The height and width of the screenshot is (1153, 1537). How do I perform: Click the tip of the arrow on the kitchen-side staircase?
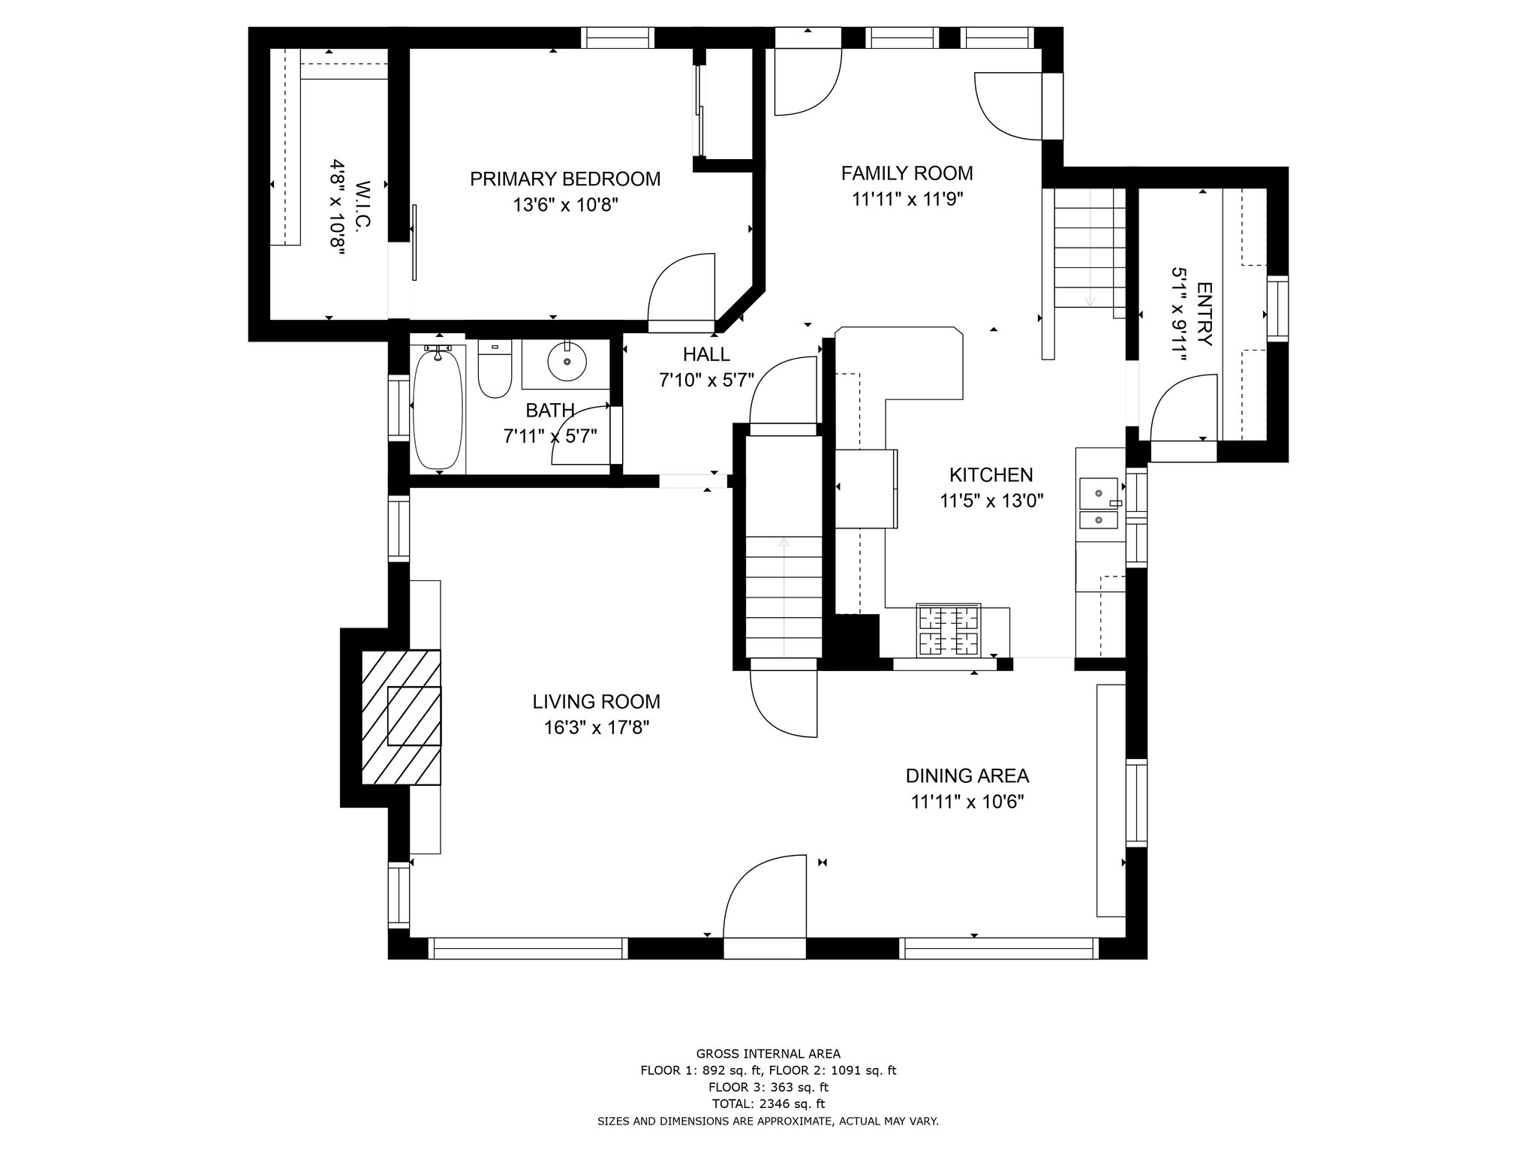pos(784,538)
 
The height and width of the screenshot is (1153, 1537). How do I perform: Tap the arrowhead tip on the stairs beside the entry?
pos(1090,306)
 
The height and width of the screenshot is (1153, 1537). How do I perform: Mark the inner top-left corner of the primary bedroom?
pos(410,49)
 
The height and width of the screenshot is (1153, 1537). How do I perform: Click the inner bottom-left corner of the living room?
pos(410,937)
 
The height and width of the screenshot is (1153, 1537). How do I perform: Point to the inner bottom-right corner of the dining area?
pos(1126,937)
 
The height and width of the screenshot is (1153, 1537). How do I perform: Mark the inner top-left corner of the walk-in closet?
pos(270,49)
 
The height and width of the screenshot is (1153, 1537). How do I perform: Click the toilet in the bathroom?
pos(495,369)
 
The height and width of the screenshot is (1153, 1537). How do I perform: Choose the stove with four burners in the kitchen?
pos(948,629)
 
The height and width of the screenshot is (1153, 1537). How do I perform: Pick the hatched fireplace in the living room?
pos(401,718)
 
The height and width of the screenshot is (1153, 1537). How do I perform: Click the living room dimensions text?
pos(597,727)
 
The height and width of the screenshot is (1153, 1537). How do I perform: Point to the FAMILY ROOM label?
pos(907,173)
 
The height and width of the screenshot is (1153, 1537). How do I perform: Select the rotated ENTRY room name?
pos(1204,314)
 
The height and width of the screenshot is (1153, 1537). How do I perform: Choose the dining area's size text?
pos(967,802)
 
